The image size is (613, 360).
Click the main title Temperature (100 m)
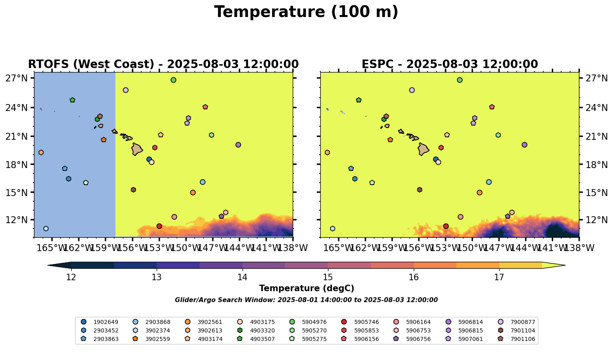click(306, 12)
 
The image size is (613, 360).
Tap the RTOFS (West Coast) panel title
click(163, 64)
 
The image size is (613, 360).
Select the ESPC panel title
click(449, 64)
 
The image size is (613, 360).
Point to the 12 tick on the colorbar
click(71, 277)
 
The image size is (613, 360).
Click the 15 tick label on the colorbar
click(328, 277)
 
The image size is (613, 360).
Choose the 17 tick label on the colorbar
click(499, 277)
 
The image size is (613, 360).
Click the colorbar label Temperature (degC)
click(306, 288)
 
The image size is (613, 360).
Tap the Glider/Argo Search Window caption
click(306, 300)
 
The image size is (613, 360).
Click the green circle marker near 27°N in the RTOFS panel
click(173, 80)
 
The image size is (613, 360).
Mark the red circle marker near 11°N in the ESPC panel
click(446, 226)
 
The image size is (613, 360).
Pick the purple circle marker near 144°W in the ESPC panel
click(524, 145)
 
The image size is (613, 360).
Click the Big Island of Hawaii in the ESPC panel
click(423, 149)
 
